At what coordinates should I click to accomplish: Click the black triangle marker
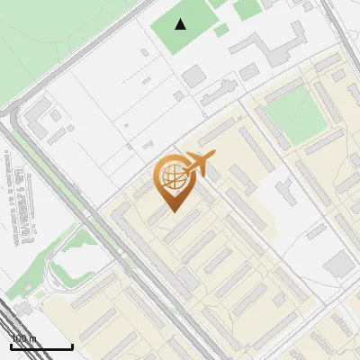coord(181,24)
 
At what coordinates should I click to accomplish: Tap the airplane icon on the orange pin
coord(200,165)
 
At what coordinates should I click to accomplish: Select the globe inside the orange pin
coord(170,175)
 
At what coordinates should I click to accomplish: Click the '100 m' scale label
coord(23,338)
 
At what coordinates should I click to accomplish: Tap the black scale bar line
coord(40,346)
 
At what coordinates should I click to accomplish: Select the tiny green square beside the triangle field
coord(221,30)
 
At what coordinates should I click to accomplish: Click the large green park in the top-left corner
coord(45,45)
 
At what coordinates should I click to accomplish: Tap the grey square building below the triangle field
coord(194,76)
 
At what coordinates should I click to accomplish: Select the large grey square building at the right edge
coord(340,264)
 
